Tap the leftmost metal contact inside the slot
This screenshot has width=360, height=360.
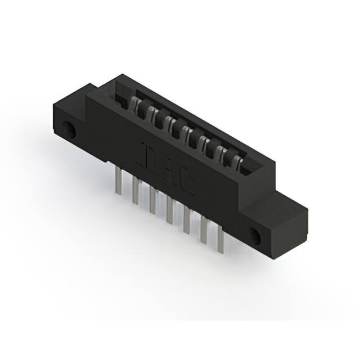[x=135, y=103]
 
